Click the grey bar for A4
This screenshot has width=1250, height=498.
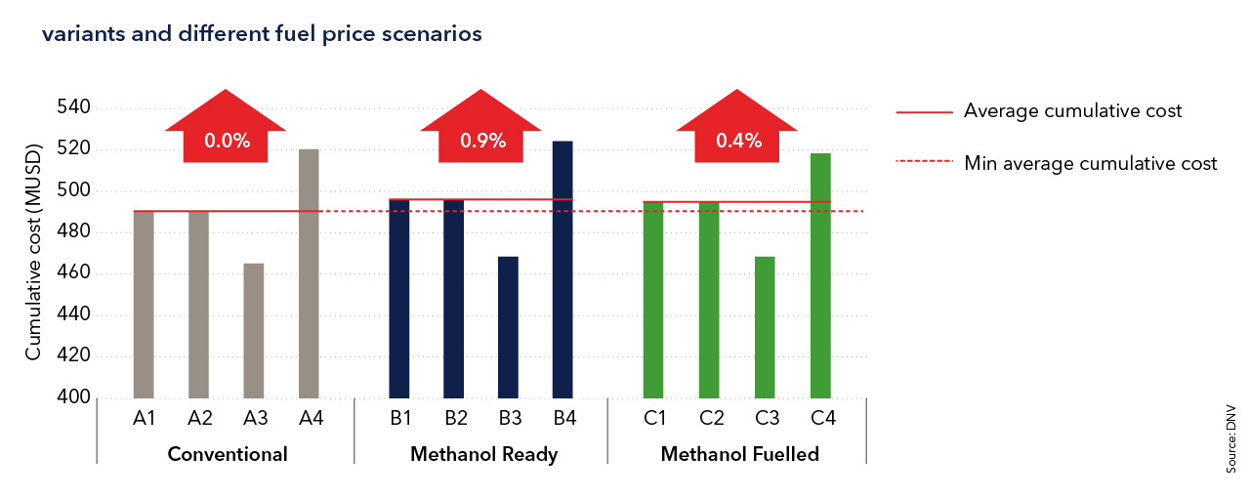(x=309, y=273)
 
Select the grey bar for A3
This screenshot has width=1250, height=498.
(x=254, y=330)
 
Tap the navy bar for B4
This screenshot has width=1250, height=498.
(x=562, y=270)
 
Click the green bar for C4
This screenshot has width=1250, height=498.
(x=820, y=275)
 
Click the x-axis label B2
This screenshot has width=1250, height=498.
(x=456, y=419)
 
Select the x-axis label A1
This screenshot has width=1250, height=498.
(x=145, y=419)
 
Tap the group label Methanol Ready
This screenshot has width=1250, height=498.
(x=483, y=454)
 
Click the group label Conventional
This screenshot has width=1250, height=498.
(x=228, y=454)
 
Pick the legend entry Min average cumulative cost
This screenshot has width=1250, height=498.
(x=1090, y=163)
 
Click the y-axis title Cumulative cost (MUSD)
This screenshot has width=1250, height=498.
(x=34, y=253)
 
